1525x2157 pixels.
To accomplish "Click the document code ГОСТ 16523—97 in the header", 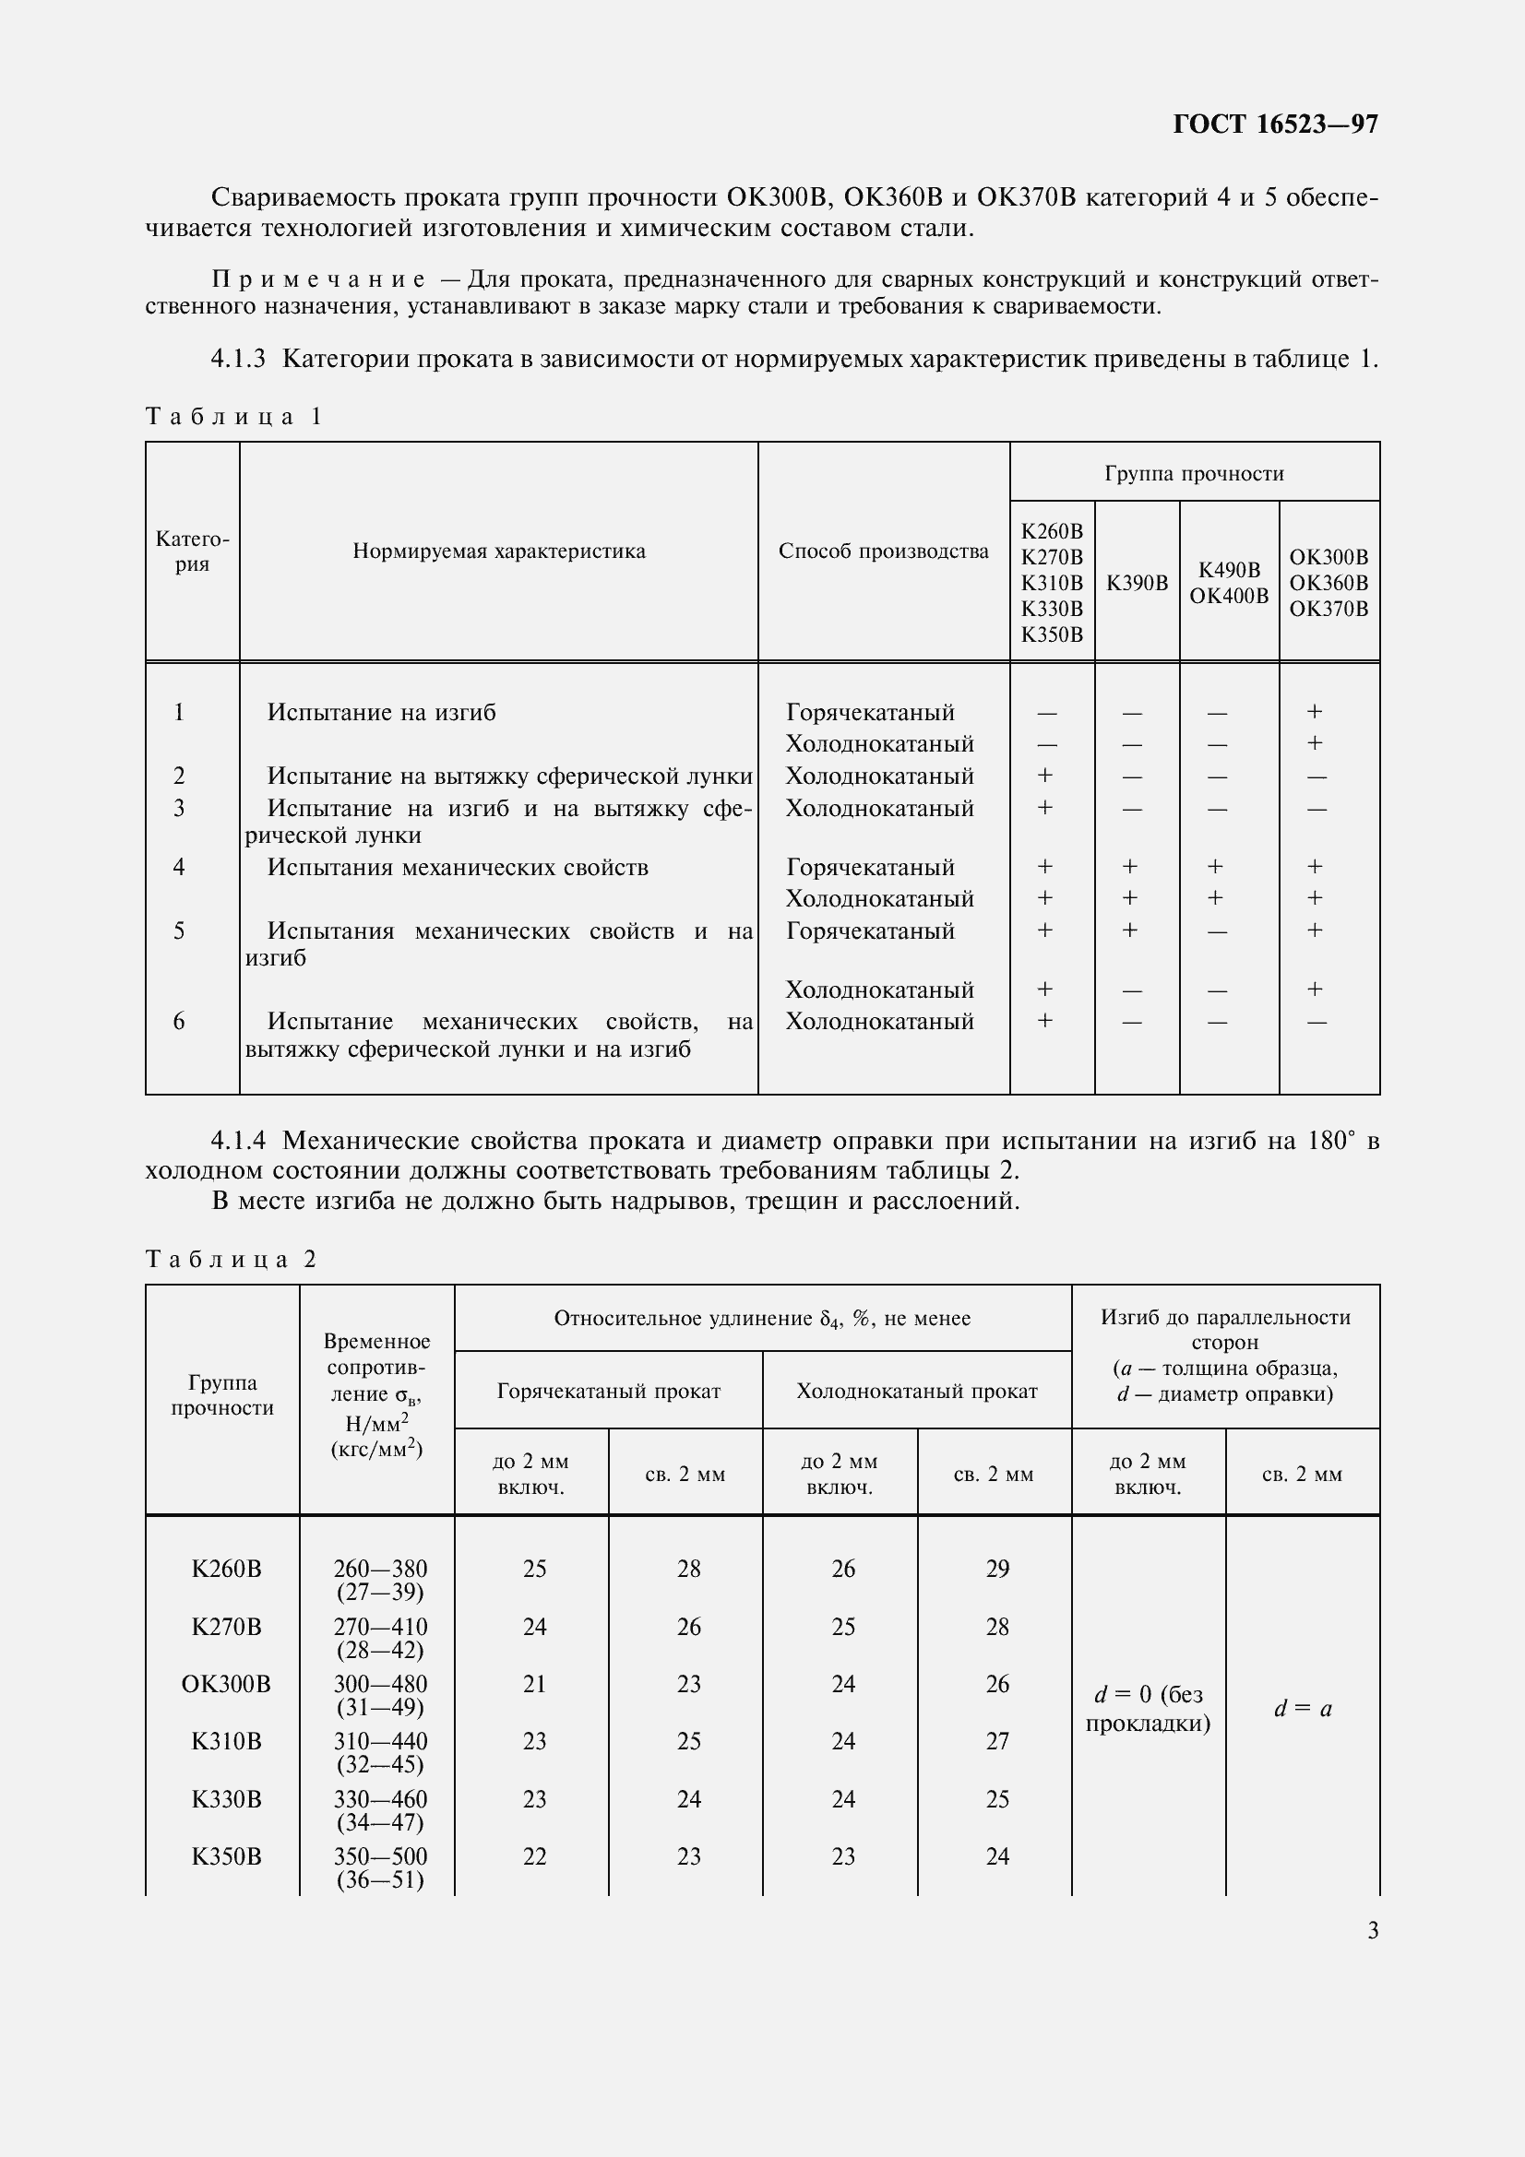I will point(1275,124).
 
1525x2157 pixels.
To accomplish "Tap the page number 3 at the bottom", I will point(1373,1930).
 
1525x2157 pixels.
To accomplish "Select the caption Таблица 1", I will point(234,416).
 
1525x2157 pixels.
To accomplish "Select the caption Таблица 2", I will point(232,1259).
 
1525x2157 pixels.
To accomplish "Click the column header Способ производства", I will point(883,551).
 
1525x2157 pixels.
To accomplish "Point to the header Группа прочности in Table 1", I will point(1193,473).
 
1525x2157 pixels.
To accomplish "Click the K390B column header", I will point(1137,583).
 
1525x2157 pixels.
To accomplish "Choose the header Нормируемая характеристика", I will point(499,551).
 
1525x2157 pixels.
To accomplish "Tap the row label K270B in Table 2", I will point(226,1626).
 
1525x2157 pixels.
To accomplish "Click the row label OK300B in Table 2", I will point(225,1684).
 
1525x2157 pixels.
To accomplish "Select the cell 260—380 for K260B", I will point(379,1568).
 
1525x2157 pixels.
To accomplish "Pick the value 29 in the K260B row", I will point(997,1568).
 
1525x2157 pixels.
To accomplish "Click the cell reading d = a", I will point(1303,1709).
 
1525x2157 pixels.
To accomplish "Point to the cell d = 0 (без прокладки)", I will point(1148,1708).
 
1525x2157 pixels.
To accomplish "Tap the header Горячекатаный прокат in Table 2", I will point(608,1392).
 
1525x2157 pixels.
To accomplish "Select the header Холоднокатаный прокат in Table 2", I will point(916,1392).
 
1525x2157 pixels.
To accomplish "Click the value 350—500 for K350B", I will point(379,1856).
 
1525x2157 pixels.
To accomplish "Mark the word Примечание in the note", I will point(318,279).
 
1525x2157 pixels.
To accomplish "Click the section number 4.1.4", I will point(239,1142).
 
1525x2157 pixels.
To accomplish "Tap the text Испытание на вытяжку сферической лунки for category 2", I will point(509,776).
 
